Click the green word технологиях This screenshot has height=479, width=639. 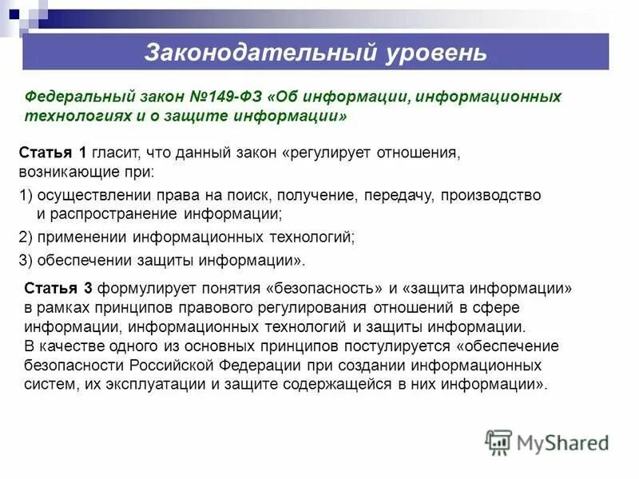click(x=69, y=117)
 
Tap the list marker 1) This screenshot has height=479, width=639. click(x=26, y=195)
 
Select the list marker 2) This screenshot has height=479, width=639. click(x=26, y=237)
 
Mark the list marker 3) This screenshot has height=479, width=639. click(x=26, y=259)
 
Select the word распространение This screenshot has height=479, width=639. click(x=109, y=215)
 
